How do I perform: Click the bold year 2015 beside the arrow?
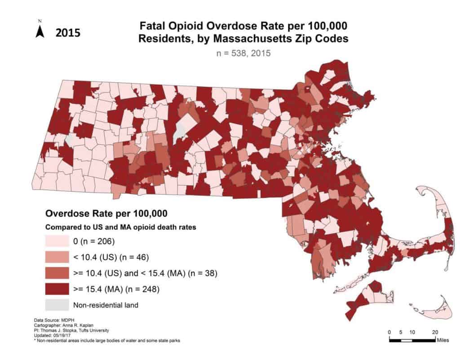[x=68, y=32]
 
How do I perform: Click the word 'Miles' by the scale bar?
[x=442, y=340]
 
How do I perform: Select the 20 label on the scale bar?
[x=435, y=332]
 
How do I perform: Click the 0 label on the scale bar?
[x=390, y=332]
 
